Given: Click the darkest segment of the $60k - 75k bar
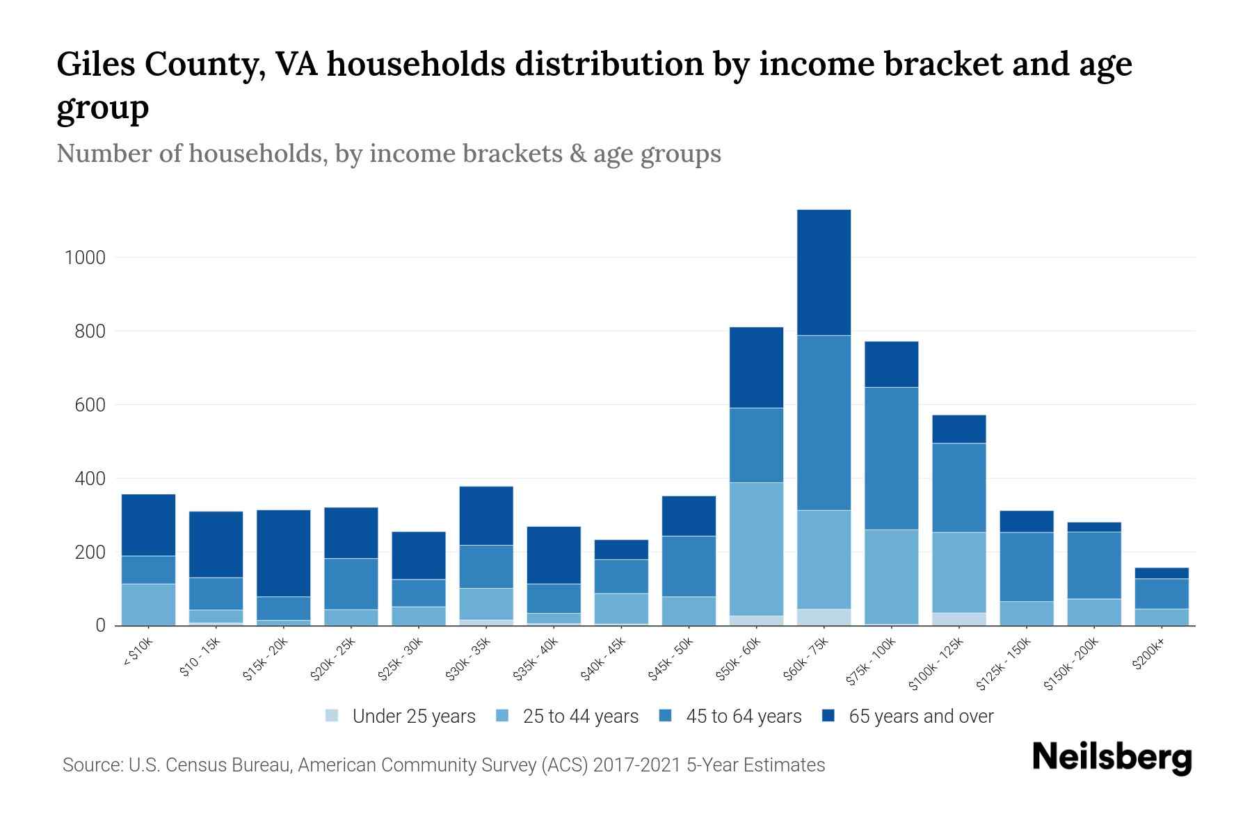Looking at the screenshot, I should [x=824, y=272].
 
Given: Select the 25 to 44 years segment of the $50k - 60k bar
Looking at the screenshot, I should [x=756, y=548].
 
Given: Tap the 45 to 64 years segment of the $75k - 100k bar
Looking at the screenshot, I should [x=891, y=458].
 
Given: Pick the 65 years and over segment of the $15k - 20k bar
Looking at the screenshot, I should [x=283, y=553].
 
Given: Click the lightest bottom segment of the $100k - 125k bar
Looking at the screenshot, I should [x=958, y=619].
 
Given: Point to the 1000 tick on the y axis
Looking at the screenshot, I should [x=85, y=258].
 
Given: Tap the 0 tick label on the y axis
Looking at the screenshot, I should [x=100, y=625].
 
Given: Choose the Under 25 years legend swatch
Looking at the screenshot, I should [x=332, y=716].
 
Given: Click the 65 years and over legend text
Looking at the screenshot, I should [x=921, y=717].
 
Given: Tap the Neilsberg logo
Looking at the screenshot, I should [x=1111, y=757].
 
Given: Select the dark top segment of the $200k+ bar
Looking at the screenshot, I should [x=1162, y=573].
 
